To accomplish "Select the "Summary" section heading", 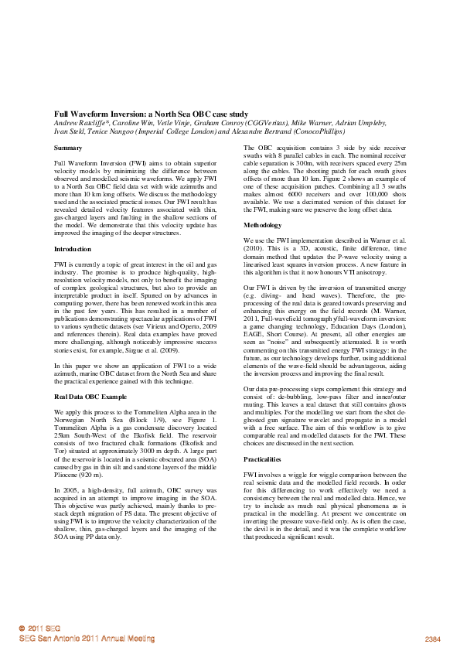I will [68, 147].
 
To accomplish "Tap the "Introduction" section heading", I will [73, 250].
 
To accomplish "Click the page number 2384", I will [432, 639].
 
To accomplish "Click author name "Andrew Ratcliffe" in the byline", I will [79, 123].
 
